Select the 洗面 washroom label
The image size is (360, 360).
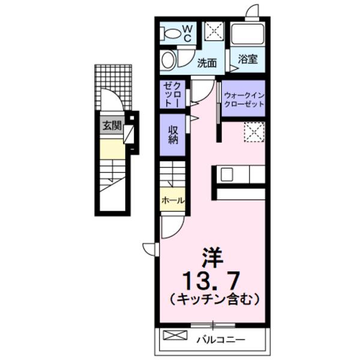click(x=207, y=62)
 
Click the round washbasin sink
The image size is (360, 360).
click(x=169, y=61)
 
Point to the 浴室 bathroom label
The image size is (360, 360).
click(x=247, y=59)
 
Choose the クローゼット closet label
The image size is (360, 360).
click(x=173, y=94)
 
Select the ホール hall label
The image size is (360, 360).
click(x=172, y=200)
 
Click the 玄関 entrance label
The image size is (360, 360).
click(x=111, y=126)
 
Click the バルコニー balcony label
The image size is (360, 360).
click(x=220, y=340)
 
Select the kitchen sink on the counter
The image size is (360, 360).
click(x=227, y=174)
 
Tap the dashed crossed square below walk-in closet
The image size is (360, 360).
click(x=254, y=131)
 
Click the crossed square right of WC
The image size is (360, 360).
click(x=214, y=31)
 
